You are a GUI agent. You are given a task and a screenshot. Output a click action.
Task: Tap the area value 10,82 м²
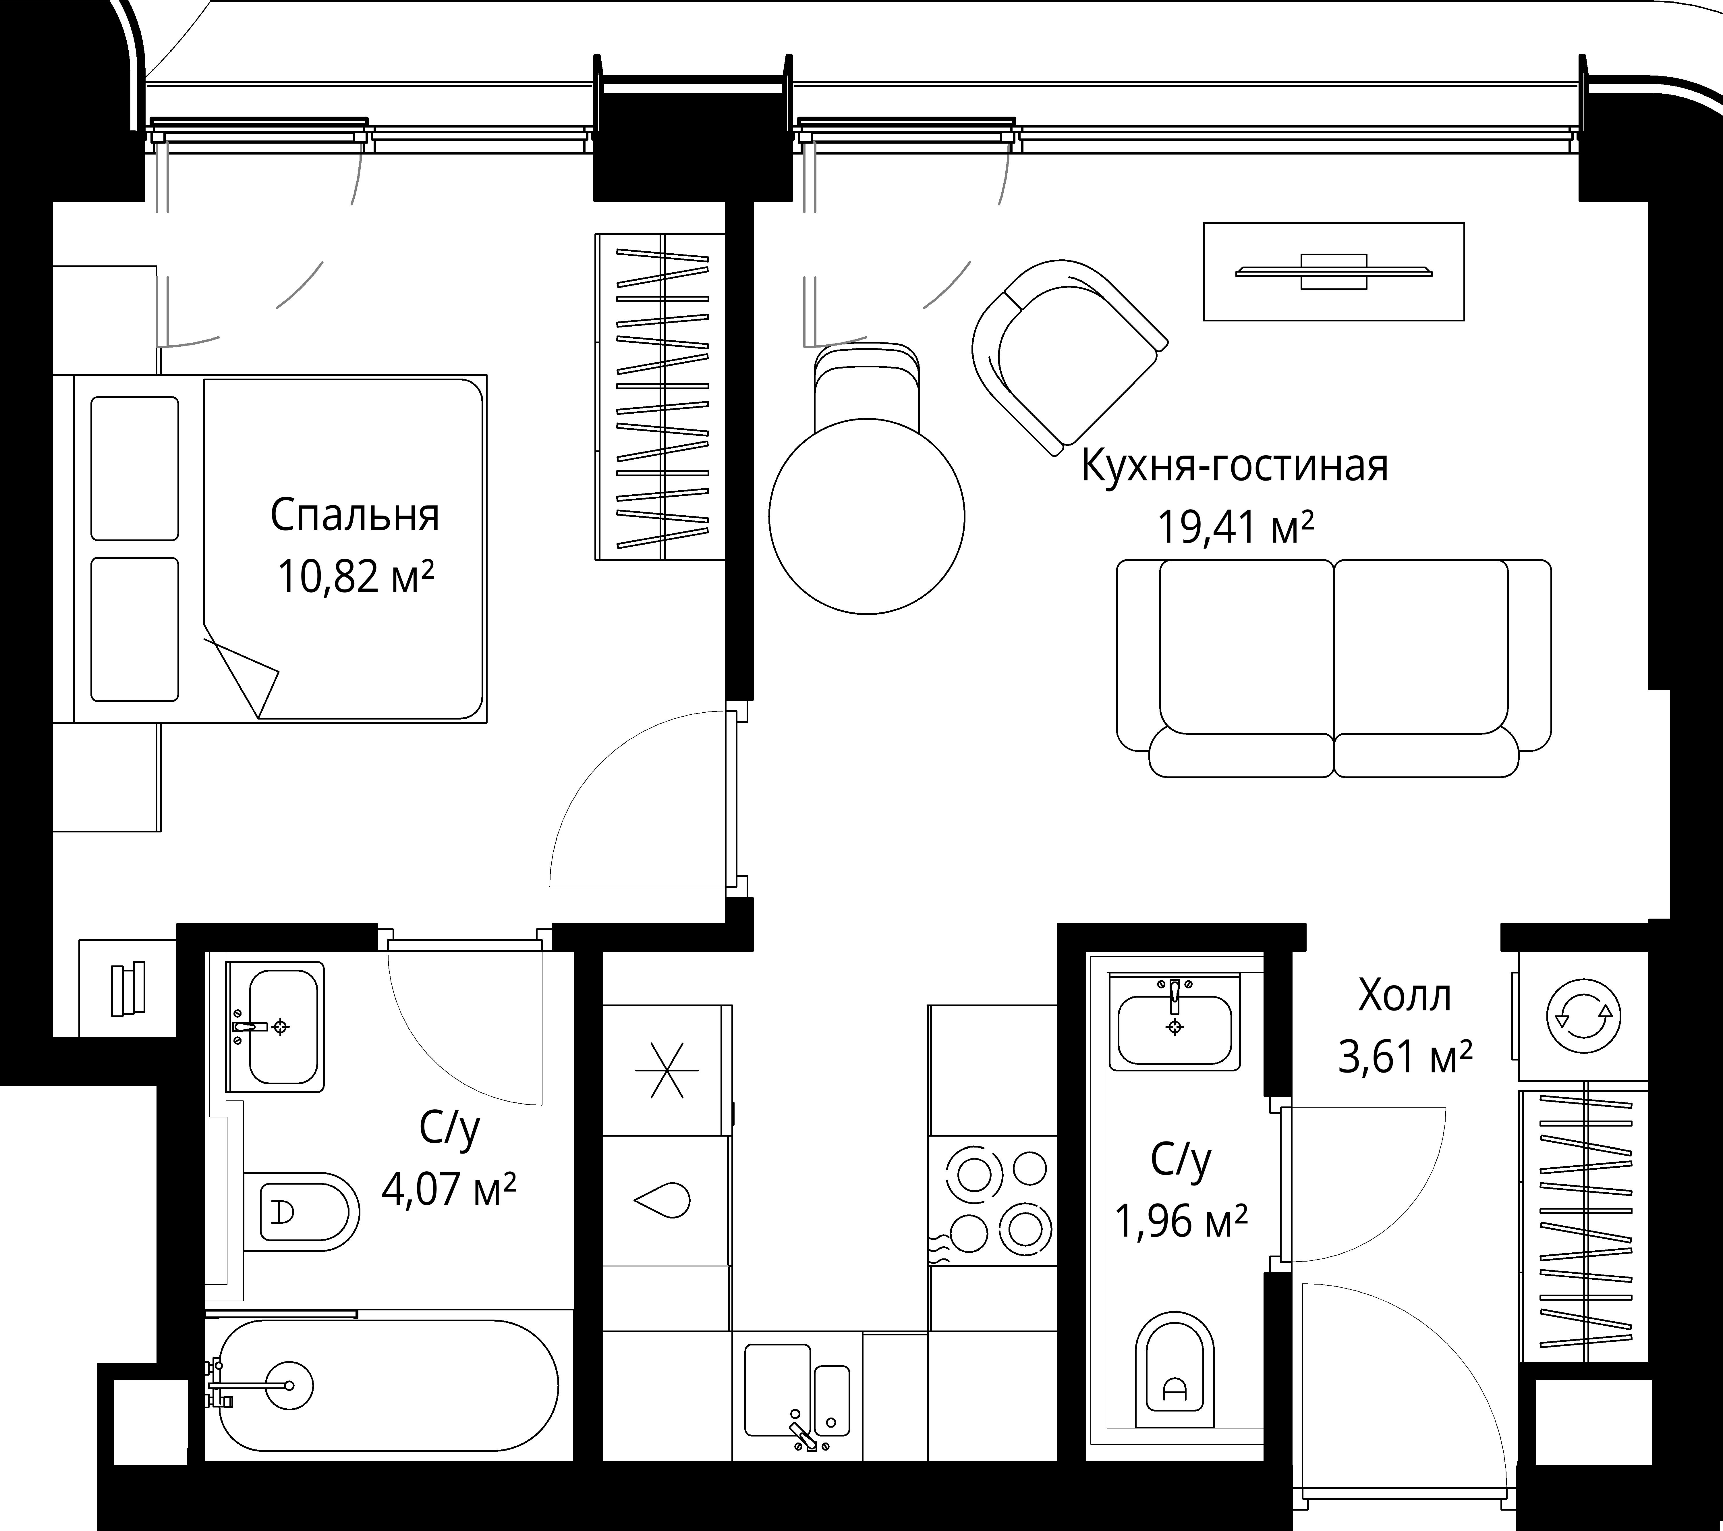pyautogui.click(x=355, y=577)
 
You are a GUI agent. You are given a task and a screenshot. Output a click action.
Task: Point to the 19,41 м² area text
pyautogui.click(x=1236, y=528)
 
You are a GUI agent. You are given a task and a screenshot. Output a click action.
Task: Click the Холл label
pyautogui.click(x=1405, y=996)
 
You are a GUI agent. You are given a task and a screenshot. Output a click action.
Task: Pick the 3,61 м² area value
pyautogui.click(x=1405, y=1056)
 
